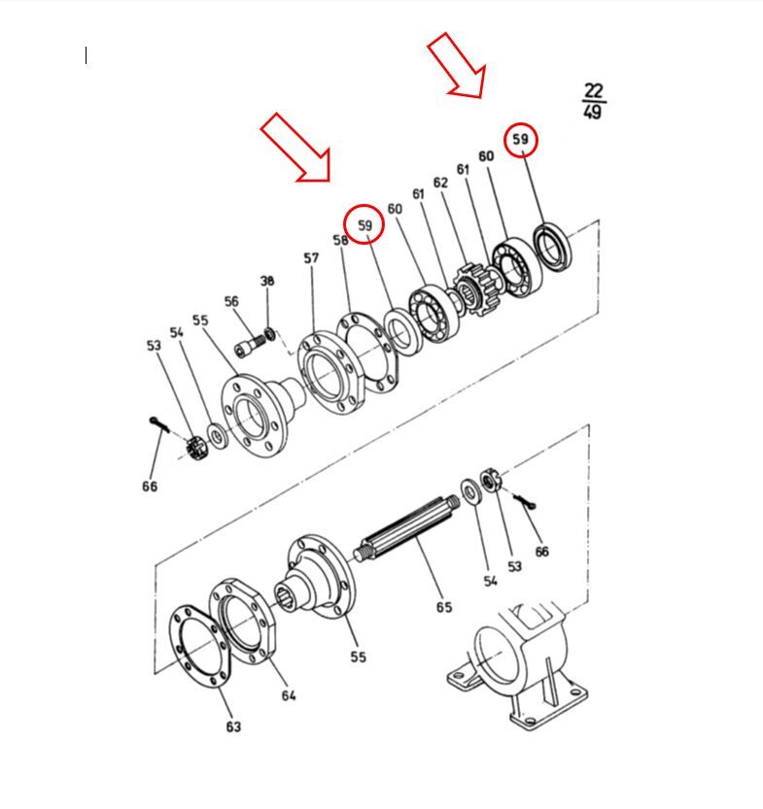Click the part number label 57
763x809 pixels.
(311, 257)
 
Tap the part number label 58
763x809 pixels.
(341, 240)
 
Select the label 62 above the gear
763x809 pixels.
(440, 183)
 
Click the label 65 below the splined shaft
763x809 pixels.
(444, 607)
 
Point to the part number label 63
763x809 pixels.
(233, 726)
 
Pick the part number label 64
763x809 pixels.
(289, 695)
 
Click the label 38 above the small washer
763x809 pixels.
(267, 282)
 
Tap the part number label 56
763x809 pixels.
(231, 301)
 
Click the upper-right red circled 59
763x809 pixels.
(520, 139)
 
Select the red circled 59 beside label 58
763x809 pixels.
(364, 224)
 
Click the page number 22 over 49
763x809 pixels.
(593, 101)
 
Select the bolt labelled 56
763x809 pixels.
(250, 345)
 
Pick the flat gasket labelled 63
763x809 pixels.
(200, 646)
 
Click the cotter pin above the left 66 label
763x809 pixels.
(159, 424)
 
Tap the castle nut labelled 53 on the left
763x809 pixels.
(196, 448)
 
